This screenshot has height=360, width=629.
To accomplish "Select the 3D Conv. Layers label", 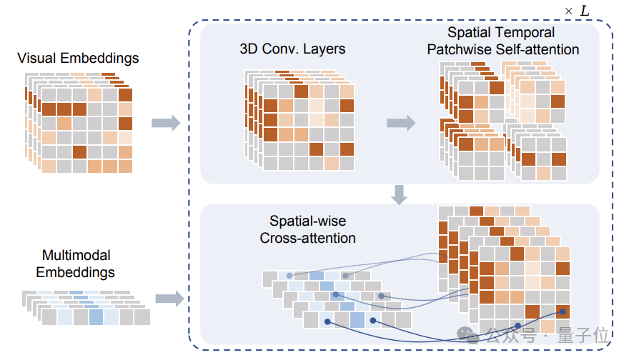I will tap(293, 49).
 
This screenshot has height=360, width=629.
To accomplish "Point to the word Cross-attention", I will tap(307, 238).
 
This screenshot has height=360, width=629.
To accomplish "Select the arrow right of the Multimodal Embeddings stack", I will tap(169, 299).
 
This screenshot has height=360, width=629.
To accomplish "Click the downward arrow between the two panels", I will tap(400, 194).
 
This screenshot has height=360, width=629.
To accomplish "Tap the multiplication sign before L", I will tap(569, 12).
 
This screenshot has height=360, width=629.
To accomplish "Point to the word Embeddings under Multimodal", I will tap(75, 272).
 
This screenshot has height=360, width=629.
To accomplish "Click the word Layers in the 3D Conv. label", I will tap(326, 49).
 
